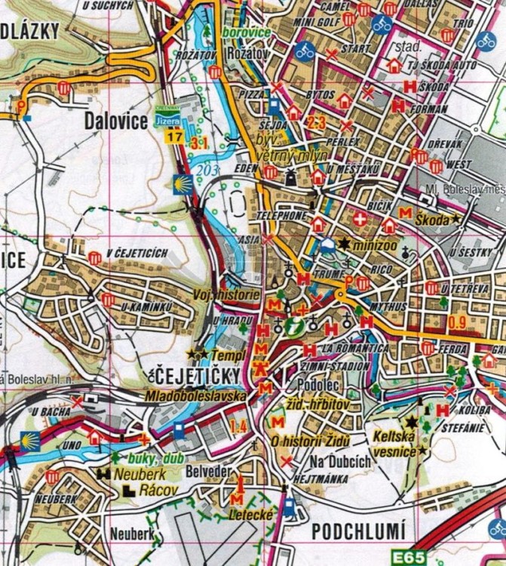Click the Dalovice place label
(x=115, y=121)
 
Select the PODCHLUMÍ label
(x=358, y=531)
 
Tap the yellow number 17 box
(x=174, y=137)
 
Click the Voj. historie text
(x=227, y=294)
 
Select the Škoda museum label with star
(x=434, y=219)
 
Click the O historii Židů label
(x=307, y=441)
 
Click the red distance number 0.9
(x=457, y=324)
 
